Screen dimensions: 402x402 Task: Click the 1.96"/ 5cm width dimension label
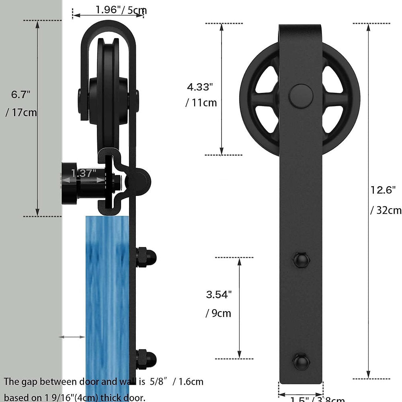(x=121, y=10)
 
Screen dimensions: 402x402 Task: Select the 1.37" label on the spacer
(x=84, y=173)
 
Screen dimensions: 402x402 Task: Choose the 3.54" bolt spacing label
(x=219, y=295)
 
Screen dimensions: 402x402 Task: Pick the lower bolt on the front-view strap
(x=301, y=360)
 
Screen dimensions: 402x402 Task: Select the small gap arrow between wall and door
(x=72, y=337)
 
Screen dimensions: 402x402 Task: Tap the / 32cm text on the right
(x=386, y=210)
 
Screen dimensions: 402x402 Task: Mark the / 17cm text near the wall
(x=21, y=113)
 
